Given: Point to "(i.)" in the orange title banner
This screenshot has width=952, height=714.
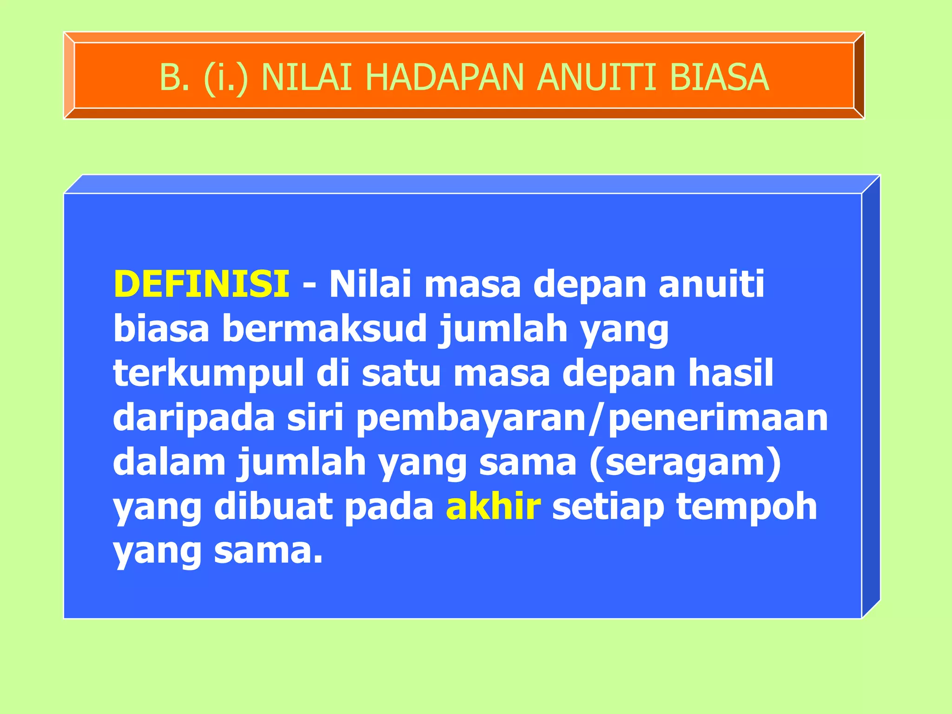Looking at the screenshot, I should [x=226, y=77].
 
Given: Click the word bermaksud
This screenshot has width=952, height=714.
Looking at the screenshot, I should [x=324, y=328].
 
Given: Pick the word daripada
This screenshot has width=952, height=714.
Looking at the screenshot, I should [x=194, y=417].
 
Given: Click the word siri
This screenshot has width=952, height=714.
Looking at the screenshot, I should [x=315, y=417].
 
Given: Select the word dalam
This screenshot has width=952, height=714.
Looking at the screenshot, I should [x=169, y=462].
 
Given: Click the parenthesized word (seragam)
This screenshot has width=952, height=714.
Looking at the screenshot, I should [x=686, y=462].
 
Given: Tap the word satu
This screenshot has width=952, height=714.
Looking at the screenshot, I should [x=401, y=373].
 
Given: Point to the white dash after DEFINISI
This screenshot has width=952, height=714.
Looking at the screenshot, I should [x=309, y=284].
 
